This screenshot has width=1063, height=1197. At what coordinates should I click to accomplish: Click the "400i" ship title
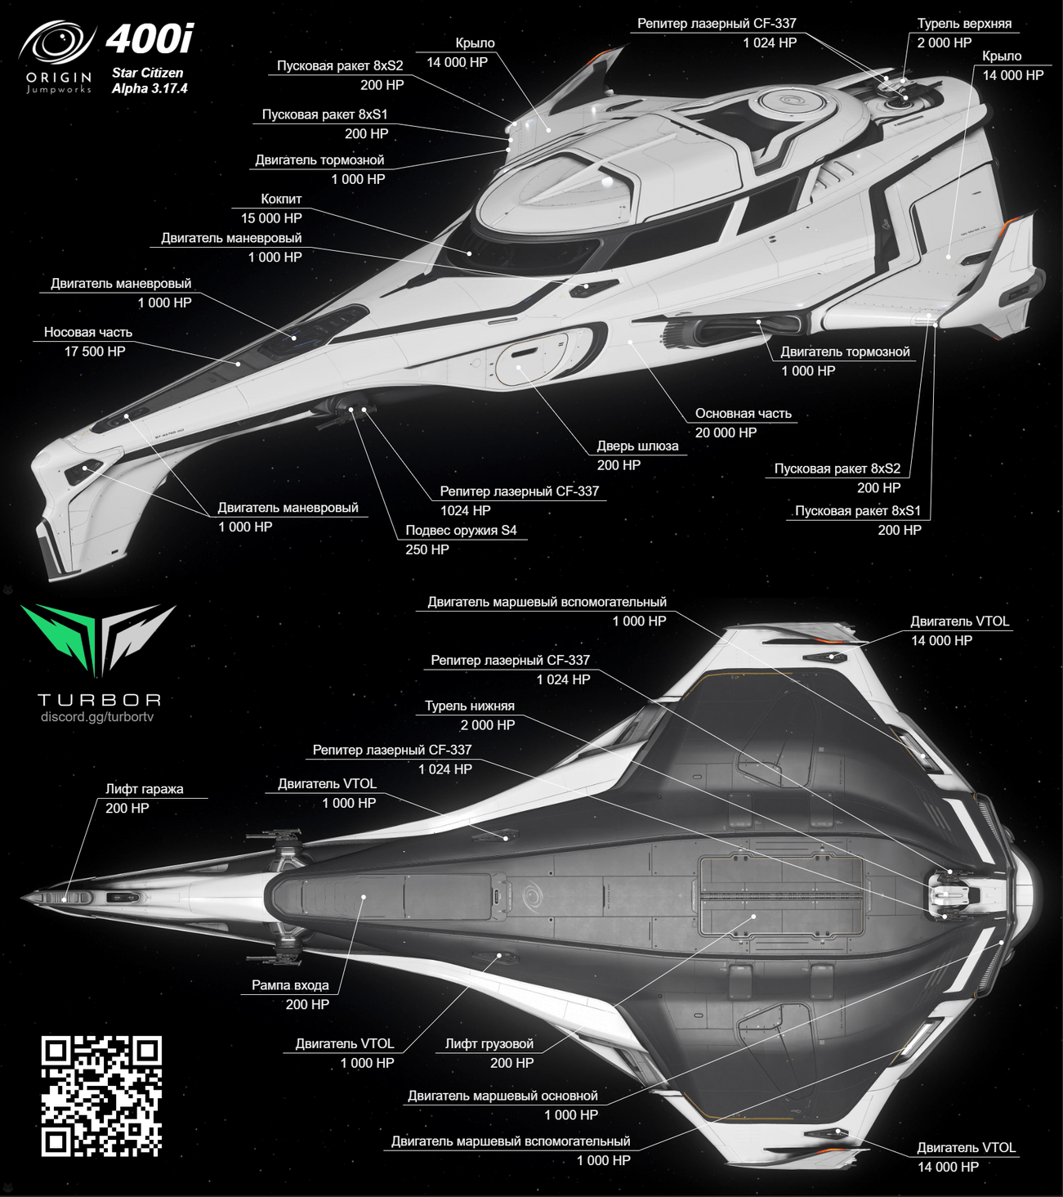(x=150, y=39)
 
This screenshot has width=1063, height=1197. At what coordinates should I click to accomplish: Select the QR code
(x=101, y=1096)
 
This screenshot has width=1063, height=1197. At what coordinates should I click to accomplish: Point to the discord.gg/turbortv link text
(x=97, y=717)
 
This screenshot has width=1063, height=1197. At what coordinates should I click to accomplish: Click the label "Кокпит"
(x=281, y=199)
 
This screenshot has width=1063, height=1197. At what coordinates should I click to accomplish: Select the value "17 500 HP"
(x=95, y=352)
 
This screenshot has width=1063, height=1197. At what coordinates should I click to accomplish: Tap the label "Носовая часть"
(x=88, y=332)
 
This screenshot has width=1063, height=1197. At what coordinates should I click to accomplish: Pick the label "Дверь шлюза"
(x=637, y=446)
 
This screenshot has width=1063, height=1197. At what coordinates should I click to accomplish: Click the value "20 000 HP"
(x=726, y=433)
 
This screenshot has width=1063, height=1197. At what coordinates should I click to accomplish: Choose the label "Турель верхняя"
(x=964, y=24)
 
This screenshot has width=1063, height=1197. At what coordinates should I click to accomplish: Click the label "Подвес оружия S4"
(x=461, y=530)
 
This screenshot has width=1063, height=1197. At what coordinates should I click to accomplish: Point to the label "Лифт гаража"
(x=144, y=789)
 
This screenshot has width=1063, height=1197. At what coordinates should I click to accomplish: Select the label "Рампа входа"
(x=290, y=985)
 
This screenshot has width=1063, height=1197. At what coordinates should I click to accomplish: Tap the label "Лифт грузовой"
(x=489, y=1043)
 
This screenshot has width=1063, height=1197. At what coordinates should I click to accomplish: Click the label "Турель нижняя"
(x=470, y=706)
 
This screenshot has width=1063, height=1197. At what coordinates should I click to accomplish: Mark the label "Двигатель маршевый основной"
(x=502, y=1096)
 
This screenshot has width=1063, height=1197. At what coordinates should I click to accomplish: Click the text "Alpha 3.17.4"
(x=150, y=88)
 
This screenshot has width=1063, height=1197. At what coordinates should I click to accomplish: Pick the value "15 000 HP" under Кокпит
(x=271, y=218)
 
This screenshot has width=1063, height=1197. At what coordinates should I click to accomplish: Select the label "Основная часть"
(x=744, y=414)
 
